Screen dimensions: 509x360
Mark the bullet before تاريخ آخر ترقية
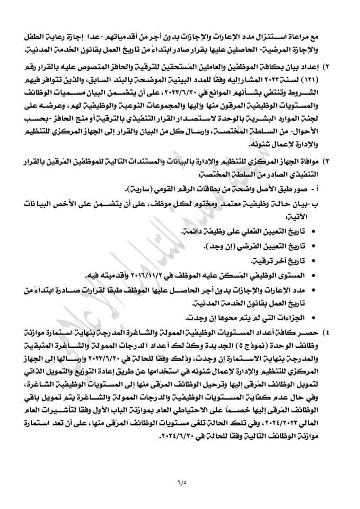[311, 261]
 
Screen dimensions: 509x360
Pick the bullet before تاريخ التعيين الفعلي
[311, 233]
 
